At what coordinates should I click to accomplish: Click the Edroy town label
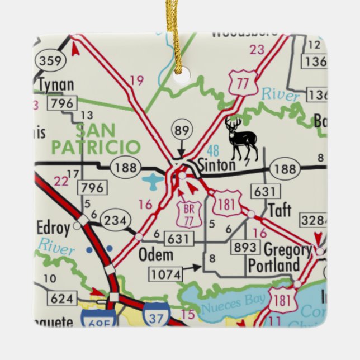point(54,228)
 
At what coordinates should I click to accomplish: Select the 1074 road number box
point(166,273)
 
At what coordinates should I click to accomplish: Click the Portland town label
point(274,265)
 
